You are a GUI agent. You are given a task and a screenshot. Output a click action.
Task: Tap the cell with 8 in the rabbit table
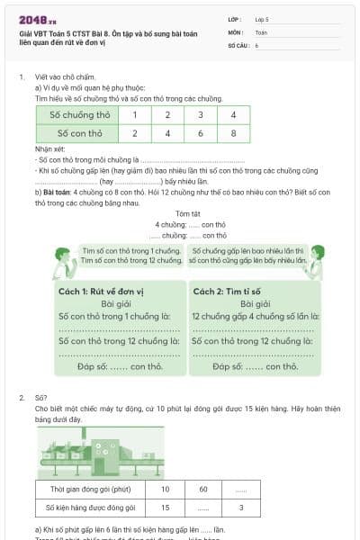point(233,133)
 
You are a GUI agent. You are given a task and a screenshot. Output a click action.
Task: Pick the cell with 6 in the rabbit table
point(200,133)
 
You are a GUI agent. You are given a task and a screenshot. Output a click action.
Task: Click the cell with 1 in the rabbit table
point(134,115)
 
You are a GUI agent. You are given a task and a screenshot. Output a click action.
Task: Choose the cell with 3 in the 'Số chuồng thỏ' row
point(200,115)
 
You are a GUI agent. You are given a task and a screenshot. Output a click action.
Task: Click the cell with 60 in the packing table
point(203,490)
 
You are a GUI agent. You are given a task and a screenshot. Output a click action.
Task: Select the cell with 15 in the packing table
point(165,508)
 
